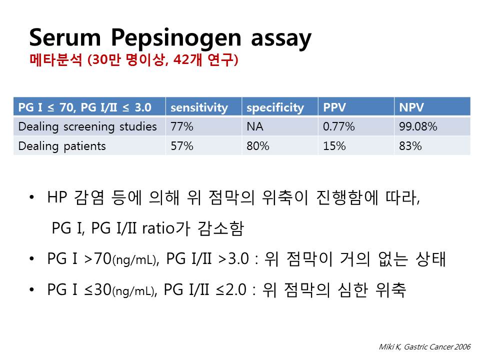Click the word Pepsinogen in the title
[x=176, y=38]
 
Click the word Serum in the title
[x=65, y=37]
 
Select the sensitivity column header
[x=199, y=107]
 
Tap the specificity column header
[x=275, y=108]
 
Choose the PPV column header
[x=334, y=107]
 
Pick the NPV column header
[x=411, y=107]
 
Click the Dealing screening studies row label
[x=87, y=126]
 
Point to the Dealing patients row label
[x=62, y=146]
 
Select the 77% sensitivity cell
[x=182, y=126]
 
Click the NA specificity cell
[x=255, y=126]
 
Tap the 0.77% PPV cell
[x=339, y=126]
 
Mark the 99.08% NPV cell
[x=418, y=126]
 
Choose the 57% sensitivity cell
[x=182, y=146]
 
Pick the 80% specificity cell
[x=258, y=146]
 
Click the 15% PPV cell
[x=334, y=146]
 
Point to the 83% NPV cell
[x=410, y=146]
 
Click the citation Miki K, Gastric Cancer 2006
[x=425, y=347]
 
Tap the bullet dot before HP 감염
[x=31, y=197]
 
